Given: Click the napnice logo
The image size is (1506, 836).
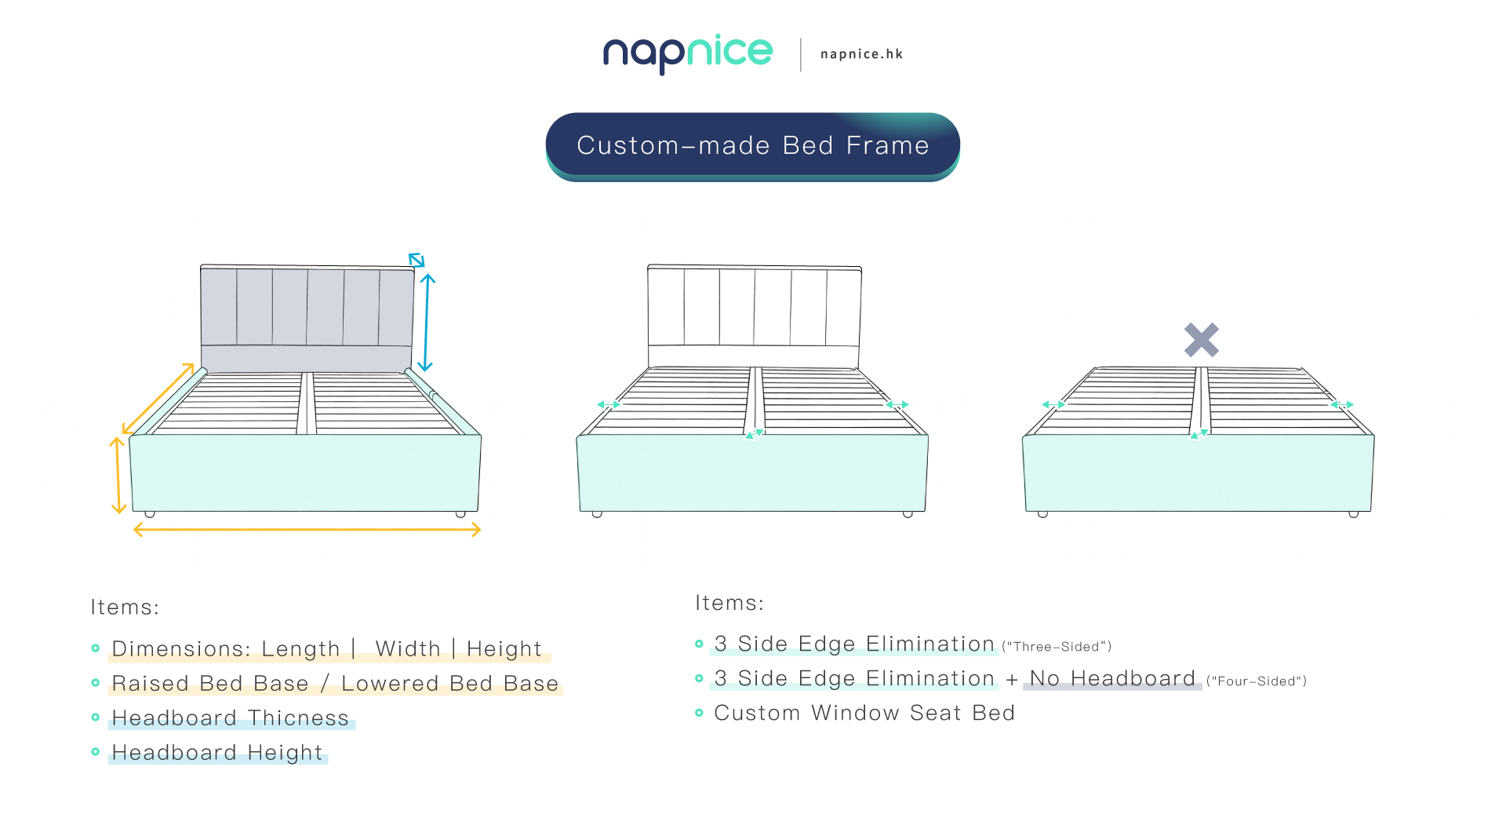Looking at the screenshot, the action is (x=688, y=54).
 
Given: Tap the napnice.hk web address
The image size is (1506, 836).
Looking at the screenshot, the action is (x=861, y=54).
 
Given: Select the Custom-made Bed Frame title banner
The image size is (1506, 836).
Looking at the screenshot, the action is (x=753, y=146).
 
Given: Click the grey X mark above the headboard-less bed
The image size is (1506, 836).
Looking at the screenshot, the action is (x=1201, y=340).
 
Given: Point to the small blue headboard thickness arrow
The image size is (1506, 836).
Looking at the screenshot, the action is (x=417, y=260).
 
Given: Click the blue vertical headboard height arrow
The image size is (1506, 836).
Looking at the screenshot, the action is (x=426, y=322).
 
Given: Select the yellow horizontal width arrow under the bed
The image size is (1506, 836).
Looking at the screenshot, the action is (x=307, y=530).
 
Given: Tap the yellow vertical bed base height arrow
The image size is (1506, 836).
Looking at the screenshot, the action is (x=118, y=476).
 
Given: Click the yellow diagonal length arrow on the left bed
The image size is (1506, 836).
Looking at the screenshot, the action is (x=158, y=398).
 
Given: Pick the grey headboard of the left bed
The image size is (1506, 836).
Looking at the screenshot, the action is (x=307, y=318).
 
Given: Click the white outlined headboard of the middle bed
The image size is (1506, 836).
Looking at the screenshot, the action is (x=755, y=316).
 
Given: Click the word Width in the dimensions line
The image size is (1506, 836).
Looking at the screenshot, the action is (x=408, y=649).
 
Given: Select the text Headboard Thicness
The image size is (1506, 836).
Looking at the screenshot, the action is (x=230, y=718).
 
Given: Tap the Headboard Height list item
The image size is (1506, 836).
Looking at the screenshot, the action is (x=217, y=753).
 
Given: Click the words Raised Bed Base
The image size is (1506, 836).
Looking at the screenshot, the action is (x=210, y=684).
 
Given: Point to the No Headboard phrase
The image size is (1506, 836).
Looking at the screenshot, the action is (x=1112, y=678).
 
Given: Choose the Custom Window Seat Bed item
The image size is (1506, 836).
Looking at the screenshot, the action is (x=864, y=713).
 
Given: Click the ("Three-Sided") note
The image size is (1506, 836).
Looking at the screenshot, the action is (x=1057, y=647).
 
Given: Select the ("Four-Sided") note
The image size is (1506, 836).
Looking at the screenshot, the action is (x=1257, y=681).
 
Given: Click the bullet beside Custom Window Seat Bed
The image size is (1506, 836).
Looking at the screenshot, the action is (x=699, y=713).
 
